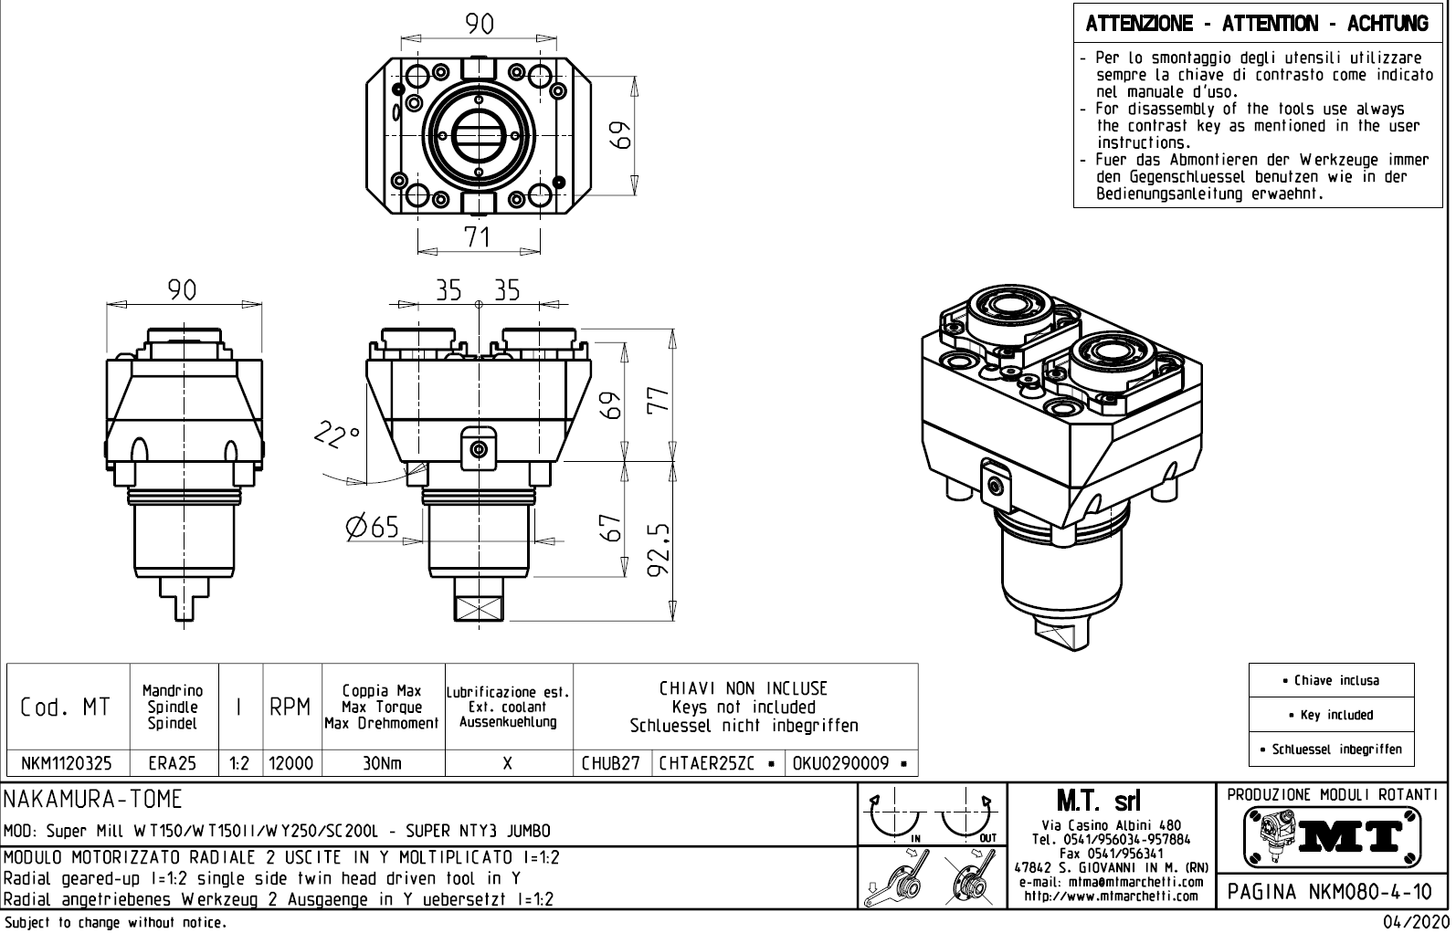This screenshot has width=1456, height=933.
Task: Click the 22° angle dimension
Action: (x=337, y=435)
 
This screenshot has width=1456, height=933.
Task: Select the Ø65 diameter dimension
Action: (x=373, y=527)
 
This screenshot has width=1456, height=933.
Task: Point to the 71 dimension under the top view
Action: (x=477, y=236)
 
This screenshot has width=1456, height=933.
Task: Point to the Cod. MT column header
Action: (x=65, y=708)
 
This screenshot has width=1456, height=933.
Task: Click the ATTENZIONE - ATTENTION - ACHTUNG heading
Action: (x=1257, y=24)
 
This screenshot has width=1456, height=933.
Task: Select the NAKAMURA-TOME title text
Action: (x=93, y=801)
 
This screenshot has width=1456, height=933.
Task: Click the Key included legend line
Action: (x=1331, y=715)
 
